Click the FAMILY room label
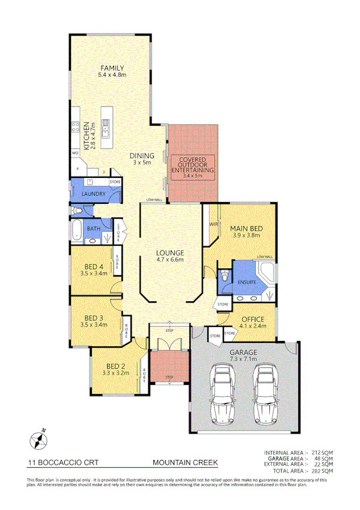tap(112, 68)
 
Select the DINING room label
tap(142, 156)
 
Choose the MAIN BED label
tap(246, 229)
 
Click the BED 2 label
tap(115, 366)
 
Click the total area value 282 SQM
tap(320, 471)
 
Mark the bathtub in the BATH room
tap(76, 229)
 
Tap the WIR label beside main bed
tap(213, 224)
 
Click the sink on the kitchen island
tap(105, 126)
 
